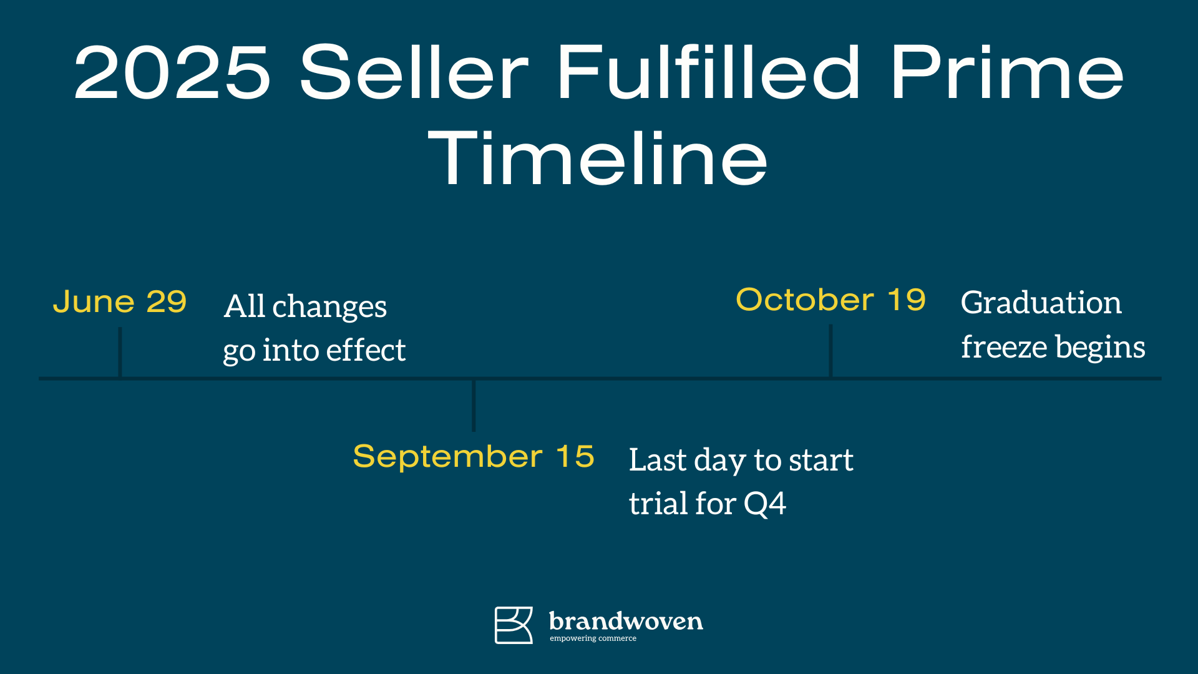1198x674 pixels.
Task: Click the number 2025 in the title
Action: [173, 72]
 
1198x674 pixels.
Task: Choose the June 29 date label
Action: [120, 302]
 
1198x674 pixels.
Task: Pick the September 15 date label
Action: [474, 456]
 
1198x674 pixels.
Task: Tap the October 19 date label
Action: [830, 300]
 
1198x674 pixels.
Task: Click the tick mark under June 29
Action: [120, 352]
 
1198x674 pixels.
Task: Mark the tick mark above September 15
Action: [474, 406]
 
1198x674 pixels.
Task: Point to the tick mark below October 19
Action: [830, 351]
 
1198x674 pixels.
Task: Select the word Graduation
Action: [1041, 303]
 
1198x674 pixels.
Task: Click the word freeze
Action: [1003, 346]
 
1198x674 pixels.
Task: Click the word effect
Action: [366, 349]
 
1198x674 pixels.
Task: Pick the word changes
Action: [329, 307]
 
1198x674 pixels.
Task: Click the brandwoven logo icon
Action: [514, 625]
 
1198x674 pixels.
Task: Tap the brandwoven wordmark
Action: [626, 621]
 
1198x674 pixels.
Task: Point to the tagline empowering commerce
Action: [593, 638]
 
